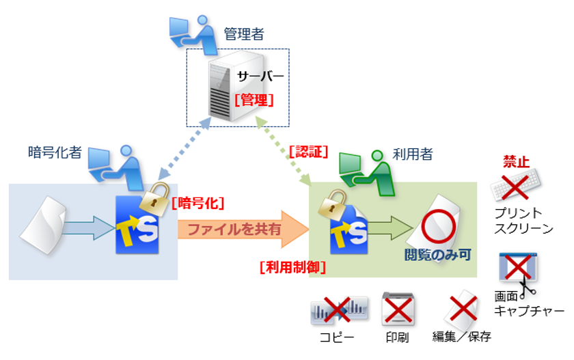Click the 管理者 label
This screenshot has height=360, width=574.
click(244, 34)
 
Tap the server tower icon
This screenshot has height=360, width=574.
click(234, 86)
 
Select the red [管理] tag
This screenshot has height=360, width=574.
click(254, 100)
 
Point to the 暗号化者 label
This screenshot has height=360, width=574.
click(55, 152)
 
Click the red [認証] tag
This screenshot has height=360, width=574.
click(308, 152)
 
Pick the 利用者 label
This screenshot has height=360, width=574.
click(413, 154)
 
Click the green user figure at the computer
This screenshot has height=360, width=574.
click(367, 173)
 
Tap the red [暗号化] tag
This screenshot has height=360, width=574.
click(197, 203)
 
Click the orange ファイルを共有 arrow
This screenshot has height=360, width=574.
click(243, 230)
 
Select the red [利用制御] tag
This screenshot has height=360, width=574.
click(292, 267)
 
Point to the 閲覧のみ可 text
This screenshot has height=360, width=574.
click(437, 255)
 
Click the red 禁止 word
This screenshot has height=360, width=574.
click(516, 161)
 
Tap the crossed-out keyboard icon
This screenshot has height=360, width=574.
click(515, 186)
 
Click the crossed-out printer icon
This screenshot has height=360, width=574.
click(398, 309)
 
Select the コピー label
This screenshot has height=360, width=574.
click(337, 337)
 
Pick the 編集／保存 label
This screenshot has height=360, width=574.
click(462, 337)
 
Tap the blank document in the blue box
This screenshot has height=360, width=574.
click(43, 225)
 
